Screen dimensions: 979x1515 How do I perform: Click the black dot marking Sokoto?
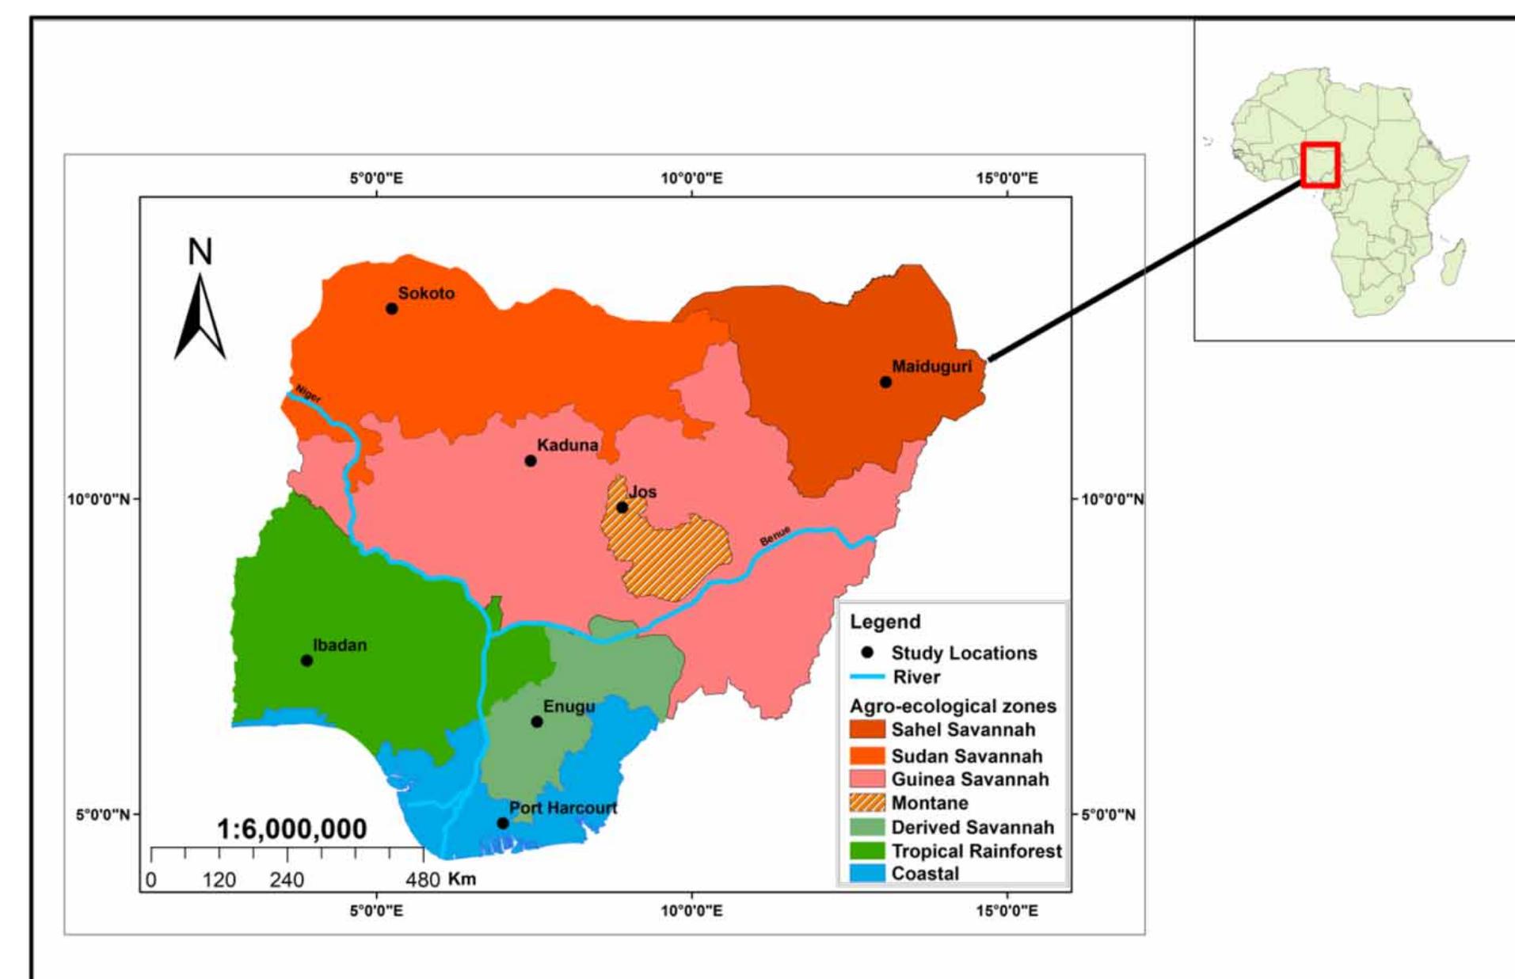(391, 308)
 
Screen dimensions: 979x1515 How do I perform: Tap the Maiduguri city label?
(931, 366)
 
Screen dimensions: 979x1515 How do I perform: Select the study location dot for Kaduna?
(531, 460)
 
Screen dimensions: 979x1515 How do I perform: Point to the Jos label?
(642, 491)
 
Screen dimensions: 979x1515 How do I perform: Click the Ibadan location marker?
(306, 660)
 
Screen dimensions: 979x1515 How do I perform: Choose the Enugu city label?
(569, 706)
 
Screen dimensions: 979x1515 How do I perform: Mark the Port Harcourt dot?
(502, 823)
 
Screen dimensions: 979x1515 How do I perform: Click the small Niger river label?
(308, 394)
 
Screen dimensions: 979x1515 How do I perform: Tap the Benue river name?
(775, 535)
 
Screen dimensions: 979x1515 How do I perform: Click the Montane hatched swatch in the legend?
(866, 802)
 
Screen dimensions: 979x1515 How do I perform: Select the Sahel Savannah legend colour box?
(866, 729)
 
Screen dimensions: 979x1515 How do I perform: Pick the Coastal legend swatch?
(866, 874)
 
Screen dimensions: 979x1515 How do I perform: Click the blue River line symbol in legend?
(866, 676)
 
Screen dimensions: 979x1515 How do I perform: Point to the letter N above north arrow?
(200, 252)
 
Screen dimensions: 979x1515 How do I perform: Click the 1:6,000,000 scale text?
(291, 829)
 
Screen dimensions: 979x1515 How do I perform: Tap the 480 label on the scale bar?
(423, 879)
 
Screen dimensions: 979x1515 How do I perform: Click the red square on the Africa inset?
(1319, 165)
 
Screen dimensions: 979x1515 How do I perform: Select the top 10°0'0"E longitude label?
(691, 178)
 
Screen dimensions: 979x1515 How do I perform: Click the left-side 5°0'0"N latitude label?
(102, 814)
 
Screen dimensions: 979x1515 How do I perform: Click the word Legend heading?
(885, 622)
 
